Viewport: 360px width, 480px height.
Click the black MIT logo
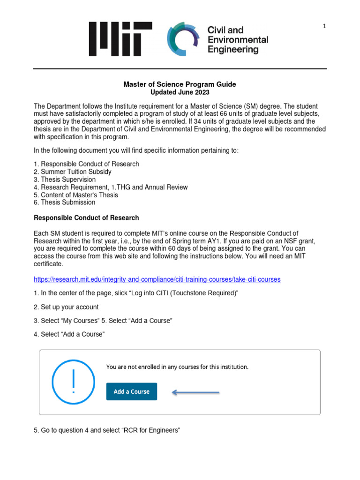coord(121,39)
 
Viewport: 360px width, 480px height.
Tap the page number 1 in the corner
coord(324,27)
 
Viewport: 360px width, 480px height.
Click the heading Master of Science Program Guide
coord(180,84)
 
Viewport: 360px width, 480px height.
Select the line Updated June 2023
coord(180,92)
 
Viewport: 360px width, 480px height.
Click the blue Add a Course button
coord(132,391)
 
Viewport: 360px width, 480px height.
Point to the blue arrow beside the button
coord(196,392)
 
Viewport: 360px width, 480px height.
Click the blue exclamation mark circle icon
coord(73,382)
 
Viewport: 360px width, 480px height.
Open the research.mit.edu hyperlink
coord(157,279)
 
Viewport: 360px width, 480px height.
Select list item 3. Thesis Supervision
coord(65,180)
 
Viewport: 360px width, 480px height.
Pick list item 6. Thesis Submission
coord(65,202)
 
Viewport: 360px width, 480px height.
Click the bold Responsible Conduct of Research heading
coord(86,218)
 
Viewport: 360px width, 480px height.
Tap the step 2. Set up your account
coord(66,307)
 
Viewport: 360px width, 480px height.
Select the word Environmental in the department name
coord(238,39)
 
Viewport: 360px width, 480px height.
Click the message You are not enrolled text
coord(177,367)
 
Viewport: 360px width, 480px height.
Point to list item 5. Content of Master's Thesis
coord(76,195)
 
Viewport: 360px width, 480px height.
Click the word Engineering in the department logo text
coord(233,49)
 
